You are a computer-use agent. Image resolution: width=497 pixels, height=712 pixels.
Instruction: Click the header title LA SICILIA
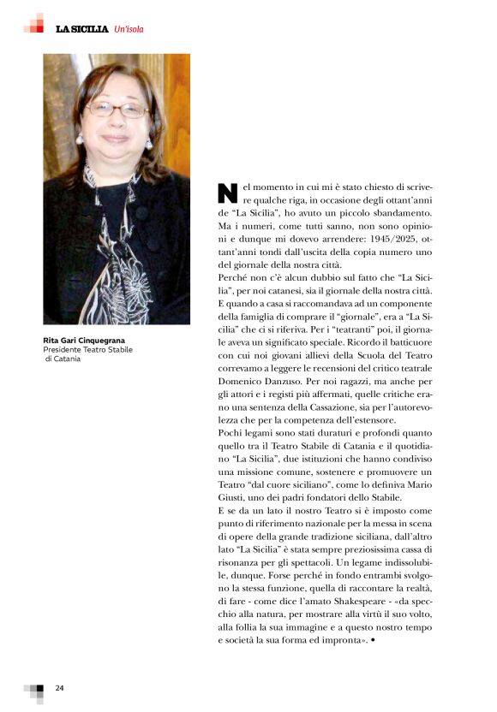point(82,29)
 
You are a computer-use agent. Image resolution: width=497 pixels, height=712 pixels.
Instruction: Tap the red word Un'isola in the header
point(129,29)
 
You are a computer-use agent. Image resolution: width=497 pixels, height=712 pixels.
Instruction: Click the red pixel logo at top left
point(33,24)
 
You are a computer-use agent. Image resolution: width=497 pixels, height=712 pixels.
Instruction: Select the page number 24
point(60,688)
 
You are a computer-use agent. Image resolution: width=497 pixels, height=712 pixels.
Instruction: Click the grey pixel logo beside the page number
point(34,691)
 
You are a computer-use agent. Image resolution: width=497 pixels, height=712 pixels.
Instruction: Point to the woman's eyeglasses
point(118,110)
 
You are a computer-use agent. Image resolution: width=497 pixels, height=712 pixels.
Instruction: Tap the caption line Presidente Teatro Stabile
point(84,350)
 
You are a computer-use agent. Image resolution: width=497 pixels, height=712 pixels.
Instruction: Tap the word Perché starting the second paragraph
point(235,279)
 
